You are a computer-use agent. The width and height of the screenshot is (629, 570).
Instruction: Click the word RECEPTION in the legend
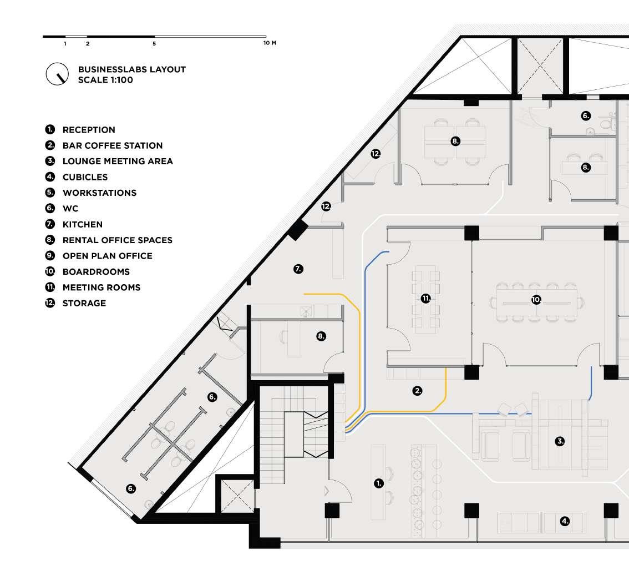tap(89, 130)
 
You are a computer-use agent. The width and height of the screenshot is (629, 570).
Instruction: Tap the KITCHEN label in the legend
tap(83, 224)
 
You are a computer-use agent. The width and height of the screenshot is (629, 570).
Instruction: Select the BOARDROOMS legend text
tap(97, 272)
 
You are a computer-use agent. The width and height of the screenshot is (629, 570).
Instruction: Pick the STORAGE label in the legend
tap(84, 303)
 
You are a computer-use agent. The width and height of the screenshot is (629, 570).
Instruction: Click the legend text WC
tap(70, 208)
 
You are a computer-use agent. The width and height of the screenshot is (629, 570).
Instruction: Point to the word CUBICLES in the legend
tap(85, 177)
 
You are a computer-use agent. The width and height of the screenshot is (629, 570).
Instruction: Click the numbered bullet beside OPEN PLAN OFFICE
tap(50, 255)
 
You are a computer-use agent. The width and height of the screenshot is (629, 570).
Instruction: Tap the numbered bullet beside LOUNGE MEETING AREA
tap(50, 161)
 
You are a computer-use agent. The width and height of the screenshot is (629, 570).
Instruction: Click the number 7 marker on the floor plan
tap(298, 269)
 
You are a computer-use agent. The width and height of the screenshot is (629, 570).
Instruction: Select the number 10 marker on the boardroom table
tap(536, 300)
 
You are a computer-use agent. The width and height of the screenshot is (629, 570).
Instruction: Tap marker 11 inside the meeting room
tap(425, 298)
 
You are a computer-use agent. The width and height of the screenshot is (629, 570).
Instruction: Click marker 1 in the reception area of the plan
tap(379, 483)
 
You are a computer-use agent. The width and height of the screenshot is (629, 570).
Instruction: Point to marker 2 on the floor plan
tap(417, 391)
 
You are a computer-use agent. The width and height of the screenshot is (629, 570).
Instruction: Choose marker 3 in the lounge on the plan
tap(560, 442)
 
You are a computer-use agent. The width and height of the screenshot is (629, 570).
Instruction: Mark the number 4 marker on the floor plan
tap(565, 521)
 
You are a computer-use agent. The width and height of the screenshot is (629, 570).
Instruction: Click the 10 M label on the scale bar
tap(270, 43)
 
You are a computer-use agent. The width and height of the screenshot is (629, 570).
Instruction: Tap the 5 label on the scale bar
tap(154, 44)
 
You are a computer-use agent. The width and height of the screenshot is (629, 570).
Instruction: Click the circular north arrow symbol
tap(57, 74)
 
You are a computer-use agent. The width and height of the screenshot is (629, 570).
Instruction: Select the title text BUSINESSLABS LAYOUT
tap(132, 69)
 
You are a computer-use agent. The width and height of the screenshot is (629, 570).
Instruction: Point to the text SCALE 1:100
tap(105, 80)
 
